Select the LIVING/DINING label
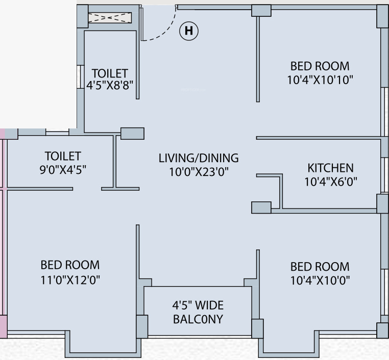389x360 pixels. pos(198,158)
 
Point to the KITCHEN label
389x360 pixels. pos(330,168)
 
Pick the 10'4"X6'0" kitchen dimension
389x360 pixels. pos(330,182)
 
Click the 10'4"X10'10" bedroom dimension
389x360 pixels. pos(320,80)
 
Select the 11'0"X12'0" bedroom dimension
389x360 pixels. pos(70,279)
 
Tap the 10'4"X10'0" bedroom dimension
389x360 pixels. pos(320,280)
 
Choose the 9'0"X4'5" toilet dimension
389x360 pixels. pos(63,170)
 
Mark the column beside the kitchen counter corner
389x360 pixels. pos(261,208)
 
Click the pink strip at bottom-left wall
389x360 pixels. pos(3,327)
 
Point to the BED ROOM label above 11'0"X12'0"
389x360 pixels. pos(70,265)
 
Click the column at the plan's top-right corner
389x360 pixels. pos(383,16)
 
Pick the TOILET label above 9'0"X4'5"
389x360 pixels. pos(63,156)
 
